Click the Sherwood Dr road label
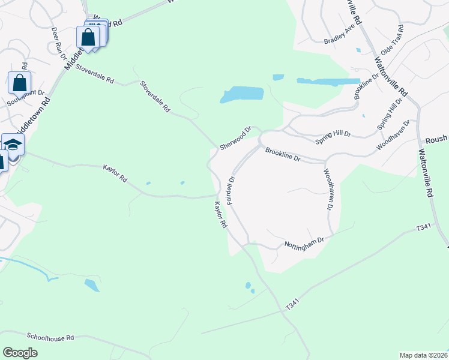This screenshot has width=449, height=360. [235, 139]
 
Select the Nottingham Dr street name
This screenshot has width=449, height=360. [304, 242]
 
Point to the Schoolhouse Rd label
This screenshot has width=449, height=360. [50, 337]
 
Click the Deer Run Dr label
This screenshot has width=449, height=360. [59, 42]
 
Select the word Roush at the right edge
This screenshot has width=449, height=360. [436, 139]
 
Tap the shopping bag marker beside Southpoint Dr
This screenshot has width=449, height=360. [19, 82]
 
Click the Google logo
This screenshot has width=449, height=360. [20, 352]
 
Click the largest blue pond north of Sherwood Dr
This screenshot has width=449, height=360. [243, 94]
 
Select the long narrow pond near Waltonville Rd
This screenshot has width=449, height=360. [328, 81]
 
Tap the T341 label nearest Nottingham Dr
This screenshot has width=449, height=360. [424, 228]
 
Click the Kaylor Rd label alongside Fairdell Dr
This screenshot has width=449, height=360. [220, 215]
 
